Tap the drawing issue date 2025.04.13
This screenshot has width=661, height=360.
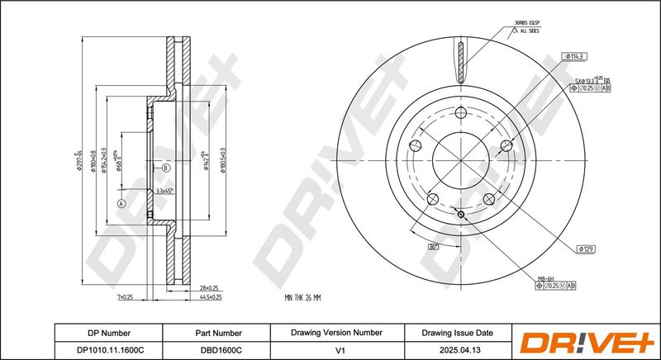pos(456,349)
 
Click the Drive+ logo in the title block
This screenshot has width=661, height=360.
pos(587,341)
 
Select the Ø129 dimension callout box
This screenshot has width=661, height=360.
pos(586,249)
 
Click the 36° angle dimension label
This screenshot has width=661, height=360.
pos(432,246)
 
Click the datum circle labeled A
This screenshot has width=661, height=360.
pos(121,202)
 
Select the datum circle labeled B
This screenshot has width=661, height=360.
pos(166,168)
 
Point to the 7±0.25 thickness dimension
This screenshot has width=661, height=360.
pos(126,296)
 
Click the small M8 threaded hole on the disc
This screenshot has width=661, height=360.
pos(462,216)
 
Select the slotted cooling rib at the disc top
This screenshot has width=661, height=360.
pos(461,63)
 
